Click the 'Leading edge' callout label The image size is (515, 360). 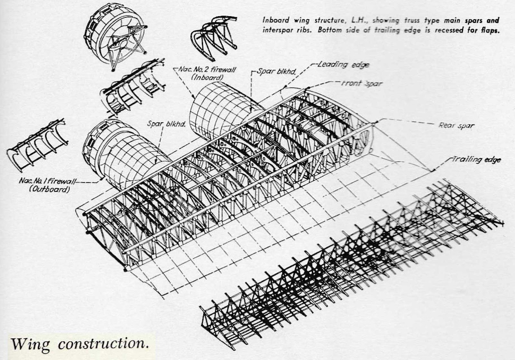click(343, 65)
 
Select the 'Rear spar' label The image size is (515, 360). click(456, 125)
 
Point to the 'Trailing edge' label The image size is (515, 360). click(477, 159)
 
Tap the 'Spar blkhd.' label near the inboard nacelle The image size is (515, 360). click(276, 71)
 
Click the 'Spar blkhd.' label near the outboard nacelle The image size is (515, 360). click(166, 124)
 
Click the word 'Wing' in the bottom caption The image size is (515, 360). click(31, 344)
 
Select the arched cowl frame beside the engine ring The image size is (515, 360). click(213, 40)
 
